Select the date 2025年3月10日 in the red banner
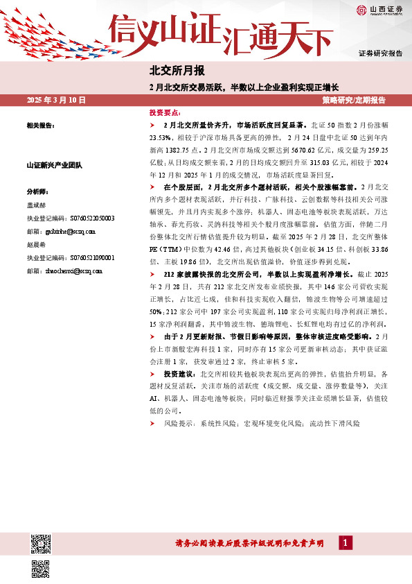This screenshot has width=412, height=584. point(56,101)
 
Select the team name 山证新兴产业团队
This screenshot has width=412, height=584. point(55,166)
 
